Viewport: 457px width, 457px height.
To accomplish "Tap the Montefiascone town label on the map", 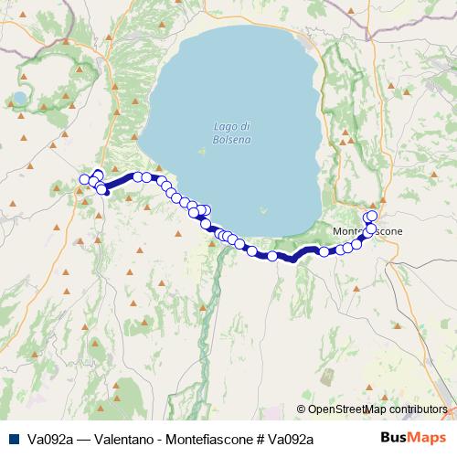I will (x=368, y=231).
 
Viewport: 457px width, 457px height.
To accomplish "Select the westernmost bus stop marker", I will (x=85, y=179).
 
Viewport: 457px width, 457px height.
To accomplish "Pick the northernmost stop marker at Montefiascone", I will (x=372, y=215).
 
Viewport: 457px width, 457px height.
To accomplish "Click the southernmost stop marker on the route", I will (x=272, y=256).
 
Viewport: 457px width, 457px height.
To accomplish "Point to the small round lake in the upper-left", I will (x=20, y=97).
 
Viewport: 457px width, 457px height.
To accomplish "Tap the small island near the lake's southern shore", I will (x=264, y=208).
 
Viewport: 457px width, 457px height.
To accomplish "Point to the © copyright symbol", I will (x=302, y=409).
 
